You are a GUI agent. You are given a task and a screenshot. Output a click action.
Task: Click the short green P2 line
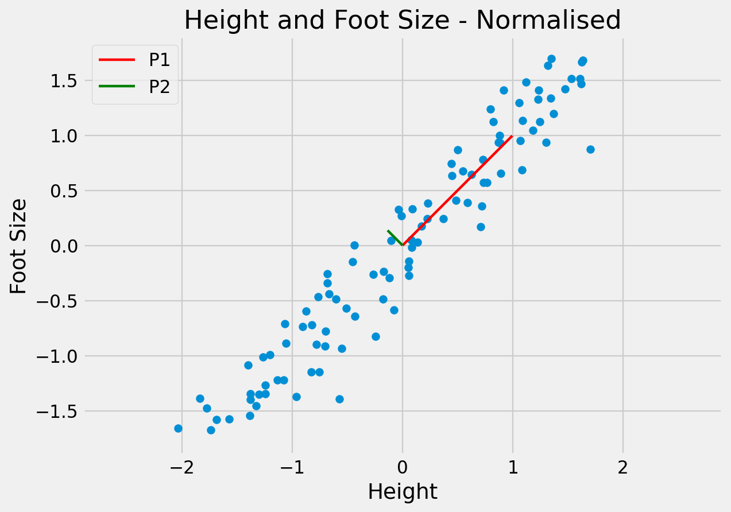click(395, 238)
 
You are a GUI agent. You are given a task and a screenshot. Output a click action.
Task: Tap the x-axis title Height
click(402, 492)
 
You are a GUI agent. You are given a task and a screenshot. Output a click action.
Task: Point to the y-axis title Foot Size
click(19, 246)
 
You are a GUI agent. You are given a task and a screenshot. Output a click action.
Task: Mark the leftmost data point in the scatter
click(178, 428)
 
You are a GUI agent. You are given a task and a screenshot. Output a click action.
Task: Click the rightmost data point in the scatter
click(590, 149)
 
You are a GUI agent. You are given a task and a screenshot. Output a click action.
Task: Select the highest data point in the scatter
click(551, 59)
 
